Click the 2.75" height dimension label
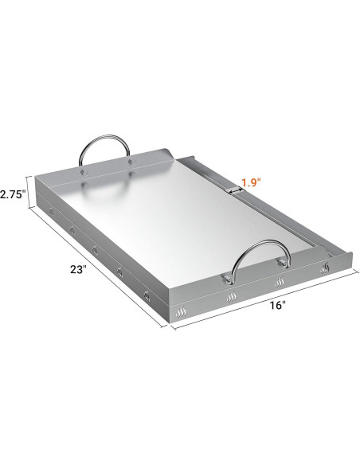tap(14, 193)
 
